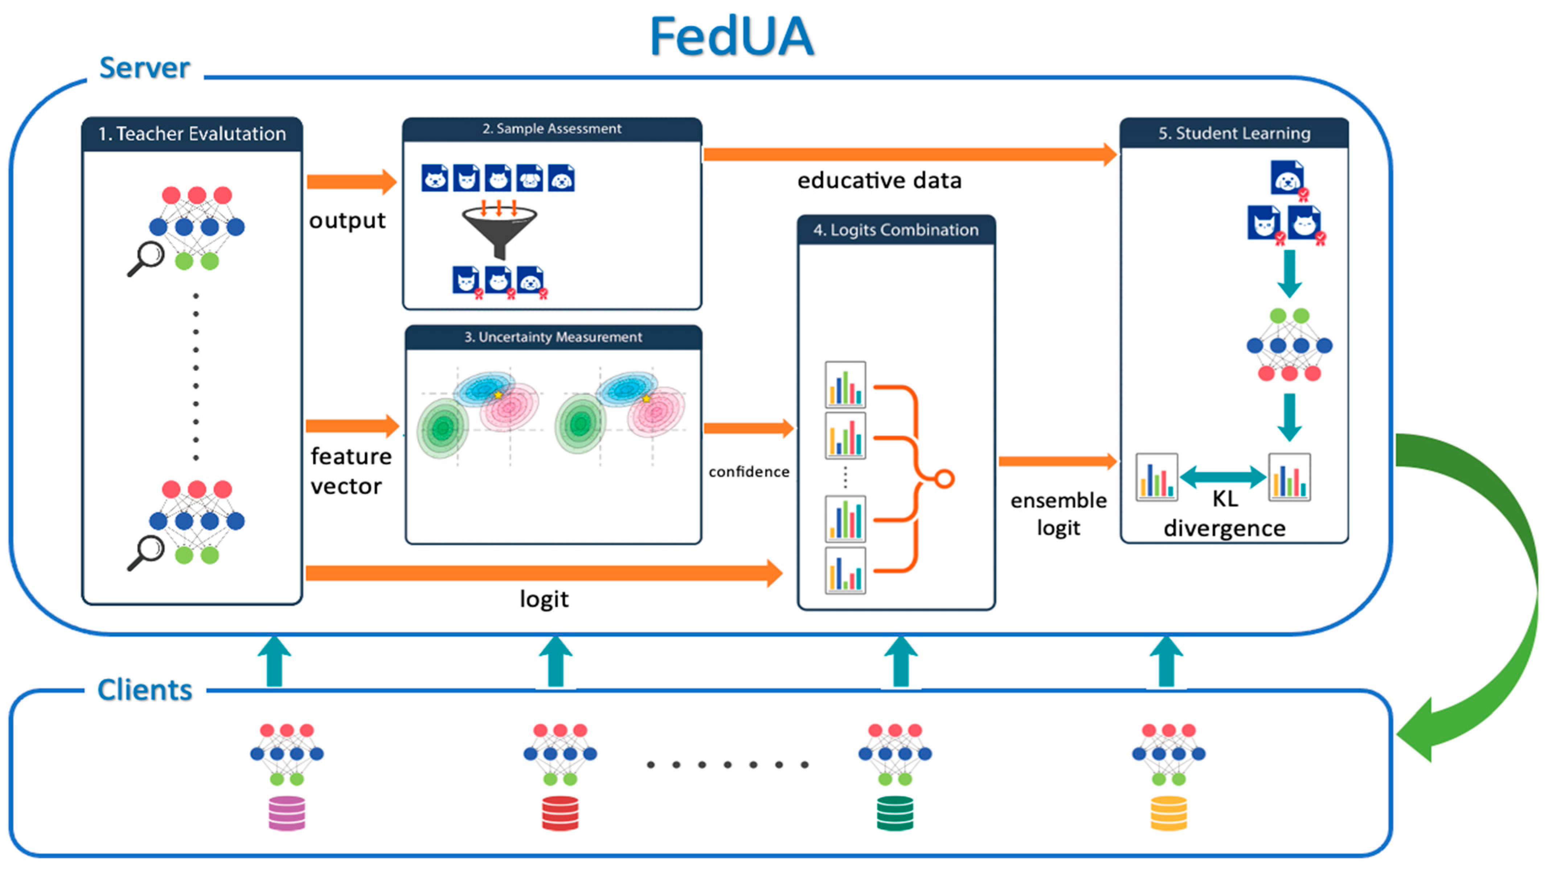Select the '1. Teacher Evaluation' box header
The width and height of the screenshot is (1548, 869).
pos(192,133)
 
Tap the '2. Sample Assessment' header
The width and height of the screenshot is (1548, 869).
pos(552,128)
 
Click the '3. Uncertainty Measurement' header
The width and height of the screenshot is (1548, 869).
pos(553,337)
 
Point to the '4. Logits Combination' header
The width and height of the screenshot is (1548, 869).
pos(896,230)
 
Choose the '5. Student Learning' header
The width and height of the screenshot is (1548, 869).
pos(1234,133)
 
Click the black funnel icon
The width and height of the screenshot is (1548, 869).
pos(499,231)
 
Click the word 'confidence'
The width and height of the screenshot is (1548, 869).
pos(749,472)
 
